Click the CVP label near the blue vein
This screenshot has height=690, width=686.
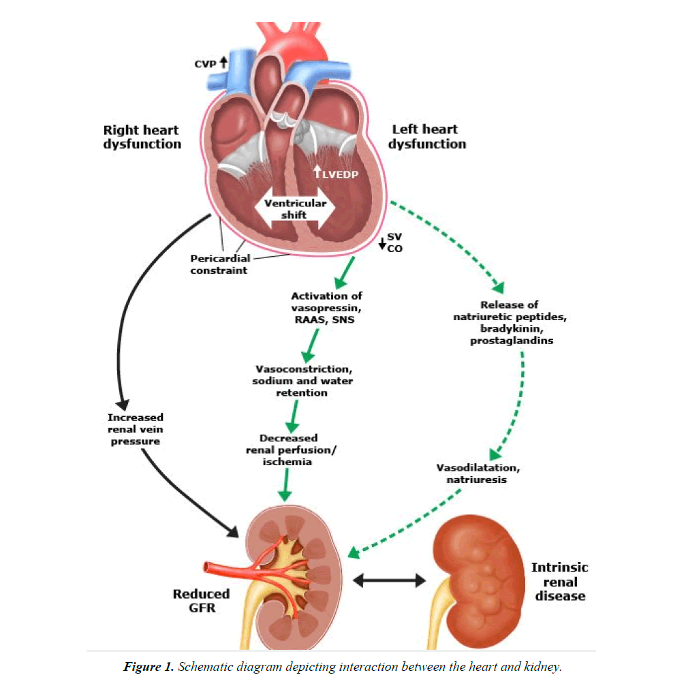point(204,63)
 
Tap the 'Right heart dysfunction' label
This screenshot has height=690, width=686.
point(142,136)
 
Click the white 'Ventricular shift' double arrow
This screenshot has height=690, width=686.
point(295,209)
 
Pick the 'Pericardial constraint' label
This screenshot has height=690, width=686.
point(219,264)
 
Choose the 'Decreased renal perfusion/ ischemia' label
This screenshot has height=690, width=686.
point(288,450)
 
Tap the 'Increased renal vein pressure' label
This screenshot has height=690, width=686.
point(135,429)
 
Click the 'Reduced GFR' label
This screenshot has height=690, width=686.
point(201,600)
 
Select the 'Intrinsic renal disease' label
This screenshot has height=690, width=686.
point(559,581)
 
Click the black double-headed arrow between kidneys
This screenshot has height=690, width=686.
point(389,580)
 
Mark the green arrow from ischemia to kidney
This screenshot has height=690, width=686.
point(287,486)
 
